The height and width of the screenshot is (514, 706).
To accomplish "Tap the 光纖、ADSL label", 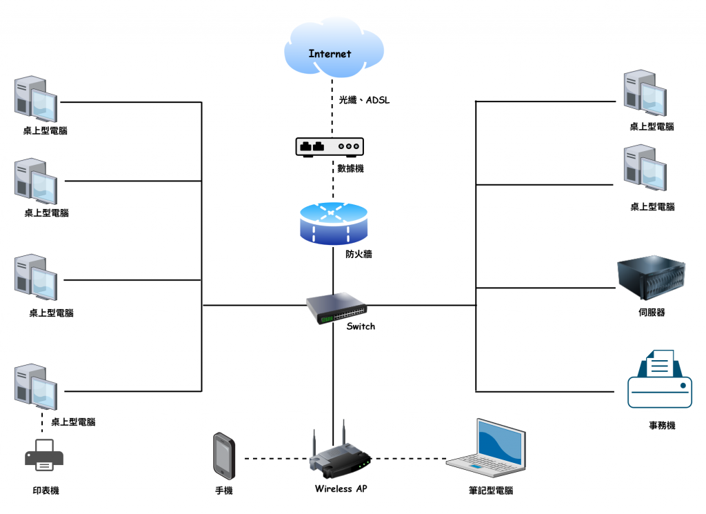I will point(364,101).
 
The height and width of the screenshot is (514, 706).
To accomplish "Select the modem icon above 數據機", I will point(330,146).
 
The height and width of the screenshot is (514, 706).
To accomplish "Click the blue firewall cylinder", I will point(333,222).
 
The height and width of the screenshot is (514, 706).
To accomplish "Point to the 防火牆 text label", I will point(359,254).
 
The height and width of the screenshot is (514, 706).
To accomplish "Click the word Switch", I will point(361,326).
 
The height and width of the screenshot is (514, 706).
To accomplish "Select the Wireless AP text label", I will point(341,489).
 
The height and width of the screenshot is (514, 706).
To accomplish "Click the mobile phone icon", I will point(224,455).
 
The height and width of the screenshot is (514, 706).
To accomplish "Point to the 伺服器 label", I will point(652,313).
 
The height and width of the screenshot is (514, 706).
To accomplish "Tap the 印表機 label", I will point(46,491).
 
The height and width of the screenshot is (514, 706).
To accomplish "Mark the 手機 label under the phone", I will point(224,491).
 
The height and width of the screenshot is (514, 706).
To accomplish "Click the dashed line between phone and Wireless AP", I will point(272,458).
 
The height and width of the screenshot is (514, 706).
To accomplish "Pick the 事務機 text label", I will point(662,426).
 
